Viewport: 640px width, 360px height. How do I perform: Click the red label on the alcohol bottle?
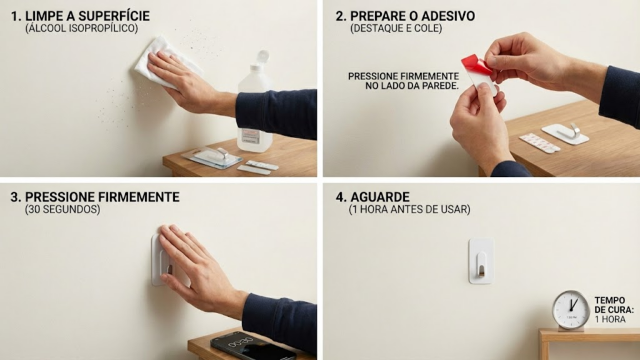tap(250, 136)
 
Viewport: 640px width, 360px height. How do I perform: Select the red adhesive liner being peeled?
tap(476, 65)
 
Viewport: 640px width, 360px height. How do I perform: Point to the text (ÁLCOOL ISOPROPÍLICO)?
tap(81, 29)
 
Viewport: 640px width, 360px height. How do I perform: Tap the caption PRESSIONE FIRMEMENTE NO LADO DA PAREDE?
tap(404, 81)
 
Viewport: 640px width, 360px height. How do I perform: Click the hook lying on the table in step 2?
tap(566, 133)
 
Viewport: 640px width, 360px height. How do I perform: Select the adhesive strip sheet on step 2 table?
tap(539, 143)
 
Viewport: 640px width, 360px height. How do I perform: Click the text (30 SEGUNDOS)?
tap(62, 210)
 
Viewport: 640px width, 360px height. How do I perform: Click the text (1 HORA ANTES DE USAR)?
tap(409, 210)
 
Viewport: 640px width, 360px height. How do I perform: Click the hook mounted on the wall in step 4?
tap(481, 261)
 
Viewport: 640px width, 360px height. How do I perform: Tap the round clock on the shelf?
tap(570, 310)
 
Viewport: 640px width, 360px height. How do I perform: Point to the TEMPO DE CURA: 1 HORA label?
tap(614, 310)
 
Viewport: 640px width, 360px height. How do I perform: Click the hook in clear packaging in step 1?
tap(212, 156)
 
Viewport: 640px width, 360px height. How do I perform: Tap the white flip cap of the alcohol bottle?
tap(261, 58)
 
